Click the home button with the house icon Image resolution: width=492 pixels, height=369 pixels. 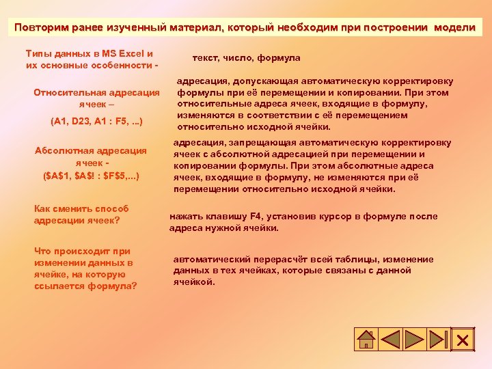point(367,340)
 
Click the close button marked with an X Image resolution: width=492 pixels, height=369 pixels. point(462,340)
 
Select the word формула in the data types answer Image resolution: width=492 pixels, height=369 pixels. point(281,58)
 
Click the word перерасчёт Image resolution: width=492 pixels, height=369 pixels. point(287,260)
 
